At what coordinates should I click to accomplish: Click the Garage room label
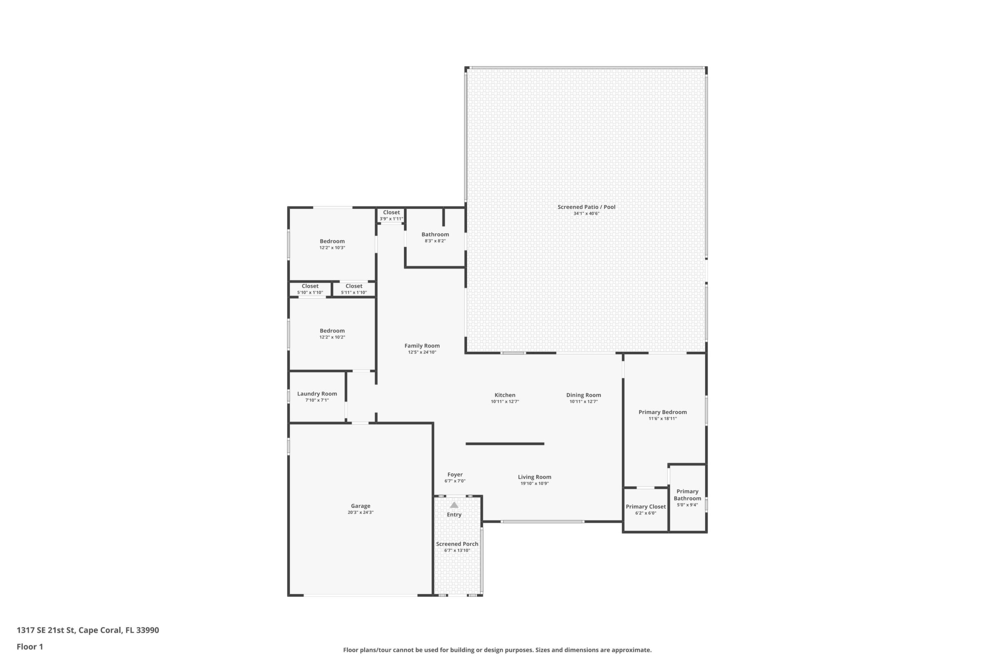click(x=360, y=506)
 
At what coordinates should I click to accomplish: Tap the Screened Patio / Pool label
click(x=586, y=207)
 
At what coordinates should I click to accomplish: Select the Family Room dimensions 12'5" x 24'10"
click(x=422, y=352)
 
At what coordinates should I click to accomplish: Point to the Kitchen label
click(x=505, y=395)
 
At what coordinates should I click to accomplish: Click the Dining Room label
click(x=583, y=395)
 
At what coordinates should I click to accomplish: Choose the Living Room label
click(x=534, y=477)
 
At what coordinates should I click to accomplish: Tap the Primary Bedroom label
click(x=663, y=412)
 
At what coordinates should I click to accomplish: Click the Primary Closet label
click(x=645, y=506)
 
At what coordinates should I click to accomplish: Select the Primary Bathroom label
click(x=687, y=495)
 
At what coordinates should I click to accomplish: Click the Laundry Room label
click(x=317, y=394)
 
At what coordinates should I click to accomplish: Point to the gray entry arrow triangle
click(x=454, y=505)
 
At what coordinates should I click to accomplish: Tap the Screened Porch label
click(x=457, y=544)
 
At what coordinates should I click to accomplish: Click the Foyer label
click(x=455, y=475)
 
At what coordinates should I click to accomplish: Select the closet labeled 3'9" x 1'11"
click(x=391, y=215)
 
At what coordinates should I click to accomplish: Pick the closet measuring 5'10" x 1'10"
click(x=310, y=289)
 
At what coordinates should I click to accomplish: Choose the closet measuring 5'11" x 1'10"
click(x=354, y=289)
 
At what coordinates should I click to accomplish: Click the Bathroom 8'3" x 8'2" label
click(x=435, y=237)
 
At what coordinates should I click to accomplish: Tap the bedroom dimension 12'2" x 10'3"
click(x=332, y=248)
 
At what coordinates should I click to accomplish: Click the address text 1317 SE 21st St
click(x=46, y=630)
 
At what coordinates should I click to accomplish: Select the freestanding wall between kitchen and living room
click(x=505, y=444)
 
